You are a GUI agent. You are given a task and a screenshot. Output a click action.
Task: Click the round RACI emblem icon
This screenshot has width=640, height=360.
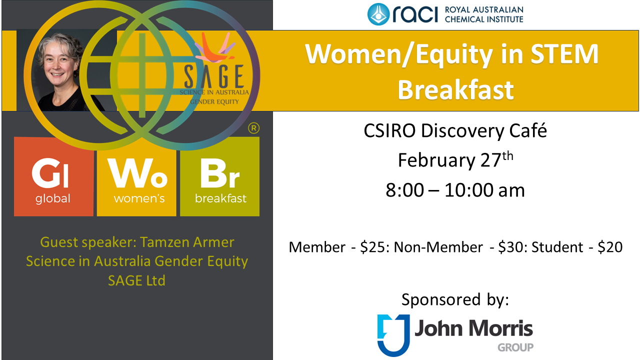click(378, 14)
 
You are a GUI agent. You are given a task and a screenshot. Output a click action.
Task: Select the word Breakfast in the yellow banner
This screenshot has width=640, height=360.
click(455, 89)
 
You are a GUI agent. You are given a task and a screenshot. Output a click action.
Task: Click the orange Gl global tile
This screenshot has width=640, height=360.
click(53, 176)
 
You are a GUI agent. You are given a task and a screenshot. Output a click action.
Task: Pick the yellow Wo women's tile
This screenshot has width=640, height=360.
click(136, 176)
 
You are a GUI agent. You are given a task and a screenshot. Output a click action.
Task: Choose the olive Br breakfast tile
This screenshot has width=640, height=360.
click(219, 176)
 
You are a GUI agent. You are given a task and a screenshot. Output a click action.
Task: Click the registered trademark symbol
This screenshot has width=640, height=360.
click(253, 128)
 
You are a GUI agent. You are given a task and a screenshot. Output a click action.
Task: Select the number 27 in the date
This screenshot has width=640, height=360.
click(491, 160)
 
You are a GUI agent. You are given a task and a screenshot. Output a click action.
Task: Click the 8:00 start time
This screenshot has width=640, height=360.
click(404, 190)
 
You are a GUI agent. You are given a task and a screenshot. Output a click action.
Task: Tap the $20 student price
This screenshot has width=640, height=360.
click(610, 247)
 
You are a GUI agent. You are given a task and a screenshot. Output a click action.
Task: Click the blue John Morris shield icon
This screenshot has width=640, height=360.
click(393, 335)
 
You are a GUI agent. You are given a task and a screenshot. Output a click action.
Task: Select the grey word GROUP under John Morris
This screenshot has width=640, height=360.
click(515, 347)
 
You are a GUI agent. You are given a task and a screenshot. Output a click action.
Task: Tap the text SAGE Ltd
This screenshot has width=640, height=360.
click(136, 280)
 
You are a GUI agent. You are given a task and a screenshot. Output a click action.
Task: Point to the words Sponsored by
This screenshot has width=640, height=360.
click(455, 299)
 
